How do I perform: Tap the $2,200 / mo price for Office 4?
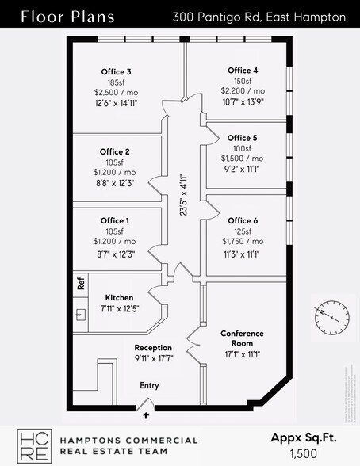click(243, 91)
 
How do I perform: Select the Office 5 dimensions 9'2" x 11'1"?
click(243, 169)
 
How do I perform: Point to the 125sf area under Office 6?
click(243, 231)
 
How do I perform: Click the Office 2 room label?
click(115, 151)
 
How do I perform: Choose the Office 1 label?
click(115, 220)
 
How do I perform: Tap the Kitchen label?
click(119, 297)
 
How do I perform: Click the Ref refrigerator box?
click(80, 281)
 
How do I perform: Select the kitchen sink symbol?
click(80, 314)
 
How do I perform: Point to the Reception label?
click(153, 348)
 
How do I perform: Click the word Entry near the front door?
click(149, 385)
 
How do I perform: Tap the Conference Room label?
click(242, 338)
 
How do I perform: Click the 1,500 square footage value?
click(304, 454)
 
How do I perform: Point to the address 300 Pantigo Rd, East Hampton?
click(259, 17)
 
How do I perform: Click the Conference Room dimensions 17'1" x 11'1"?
click(242, 354)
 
